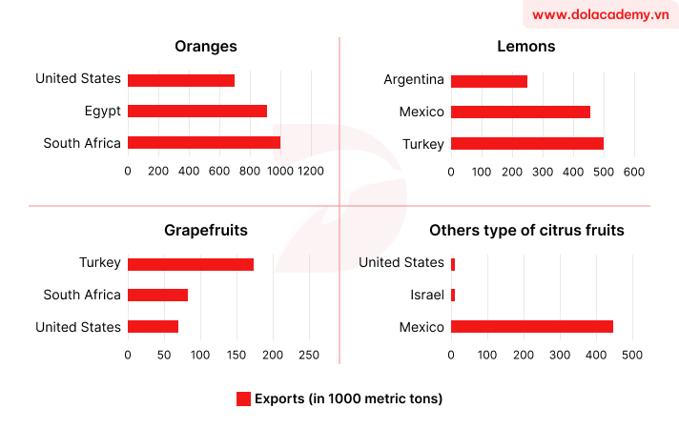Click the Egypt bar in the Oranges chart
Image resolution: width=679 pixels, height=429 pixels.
pos(196,112)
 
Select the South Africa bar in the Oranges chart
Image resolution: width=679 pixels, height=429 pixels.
pos(203,143)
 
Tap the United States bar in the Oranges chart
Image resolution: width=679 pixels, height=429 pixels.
pos(180,80)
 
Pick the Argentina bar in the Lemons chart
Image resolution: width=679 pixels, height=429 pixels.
pos(488,81)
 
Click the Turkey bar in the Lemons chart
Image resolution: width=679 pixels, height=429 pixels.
pos(526,143)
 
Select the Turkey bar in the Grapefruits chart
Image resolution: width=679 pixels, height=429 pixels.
pos(190,264)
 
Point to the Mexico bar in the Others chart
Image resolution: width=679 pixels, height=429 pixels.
pos(531,327)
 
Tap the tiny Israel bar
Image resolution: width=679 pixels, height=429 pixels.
pos(453,296)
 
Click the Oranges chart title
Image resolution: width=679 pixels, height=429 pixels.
pos(206,46)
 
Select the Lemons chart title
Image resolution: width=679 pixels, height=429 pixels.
pos(526,46)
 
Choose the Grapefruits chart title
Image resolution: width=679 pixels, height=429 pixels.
pos(206,230)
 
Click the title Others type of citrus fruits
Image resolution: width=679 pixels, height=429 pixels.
pos(526,230)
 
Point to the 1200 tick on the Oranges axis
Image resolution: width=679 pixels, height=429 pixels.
pos(310,171)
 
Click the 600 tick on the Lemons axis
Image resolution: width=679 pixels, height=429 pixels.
pos(634,171)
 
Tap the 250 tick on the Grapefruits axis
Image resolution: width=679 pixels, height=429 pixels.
pos(309,355)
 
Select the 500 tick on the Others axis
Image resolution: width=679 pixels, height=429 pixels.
pos(632,355)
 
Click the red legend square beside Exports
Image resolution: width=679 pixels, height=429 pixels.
pos(243,398)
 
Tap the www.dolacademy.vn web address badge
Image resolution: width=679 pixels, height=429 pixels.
pos(601,14)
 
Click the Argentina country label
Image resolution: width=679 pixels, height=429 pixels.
pos(414,80)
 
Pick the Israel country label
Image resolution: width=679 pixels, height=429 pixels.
pos(426,296)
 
